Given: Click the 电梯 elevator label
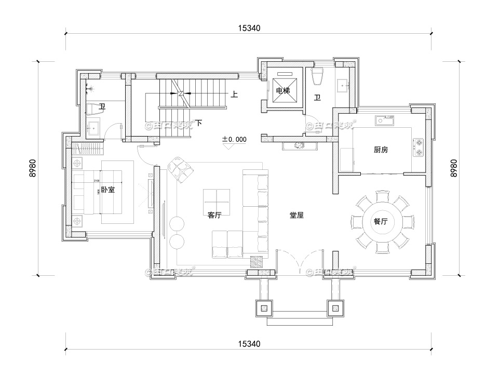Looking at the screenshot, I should tap(282, 91).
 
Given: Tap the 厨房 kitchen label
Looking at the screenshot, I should tap(381, 150).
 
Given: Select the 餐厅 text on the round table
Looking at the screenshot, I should tap(381, 221).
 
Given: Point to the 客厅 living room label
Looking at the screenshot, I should tap(214, 216).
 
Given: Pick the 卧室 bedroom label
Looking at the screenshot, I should tap(108, 191).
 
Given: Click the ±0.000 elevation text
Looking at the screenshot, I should tap(234, 140).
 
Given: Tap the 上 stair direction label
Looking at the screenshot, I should tap(234, 95).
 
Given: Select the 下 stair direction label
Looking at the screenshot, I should tap(198, 123).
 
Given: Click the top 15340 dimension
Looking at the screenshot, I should tap(250, 28).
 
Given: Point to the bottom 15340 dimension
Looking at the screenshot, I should tap(250, 343).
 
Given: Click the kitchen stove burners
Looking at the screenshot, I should tap(419, 147).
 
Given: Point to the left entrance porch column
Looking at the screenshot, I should tap(264, 307).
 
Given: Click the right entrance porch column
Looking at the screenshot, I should tap(335, 307).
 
